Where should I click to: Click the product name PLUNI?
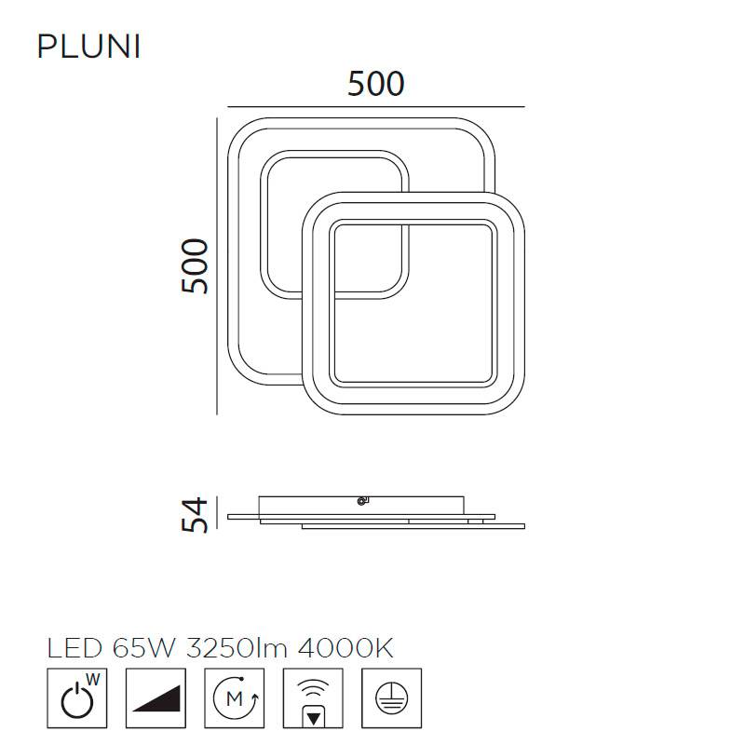coord(88,47)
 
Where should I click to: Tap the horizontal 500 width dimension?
coord(376,84)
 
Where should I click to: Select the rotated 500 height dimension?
coord(195,266)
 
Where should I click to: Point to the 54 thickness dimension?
coord(195,515)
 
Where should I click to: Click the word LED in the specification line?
coord(74,647)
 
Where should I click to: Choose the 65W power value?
coord(144,647)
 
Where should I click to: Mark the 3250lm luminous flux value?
coord(237,647)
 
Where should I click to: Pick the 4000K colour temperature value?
coord(345,647)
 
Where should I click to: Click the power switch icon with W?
coord(77,698)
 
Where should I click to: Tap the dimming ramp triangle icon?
coord(156,698)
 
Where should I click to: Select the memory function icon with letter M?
coord(235,698)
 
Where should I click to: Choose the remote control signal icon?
coord(313,698)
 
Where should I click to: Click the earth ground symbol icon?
coord(391,698)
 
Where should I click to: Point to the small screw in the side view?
coord(361,501)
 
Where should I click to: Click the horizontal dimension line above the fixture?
coord(376,107)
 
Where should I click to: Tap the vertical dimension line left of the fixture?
coord(217,266)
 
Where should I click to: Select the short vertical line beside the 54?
coord(217,513)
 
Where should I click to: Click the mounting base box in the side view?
coord(361,506)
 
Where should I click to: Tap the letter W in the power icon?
coord(93,680)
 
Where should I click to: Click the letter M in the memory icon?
coord(235,698)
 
